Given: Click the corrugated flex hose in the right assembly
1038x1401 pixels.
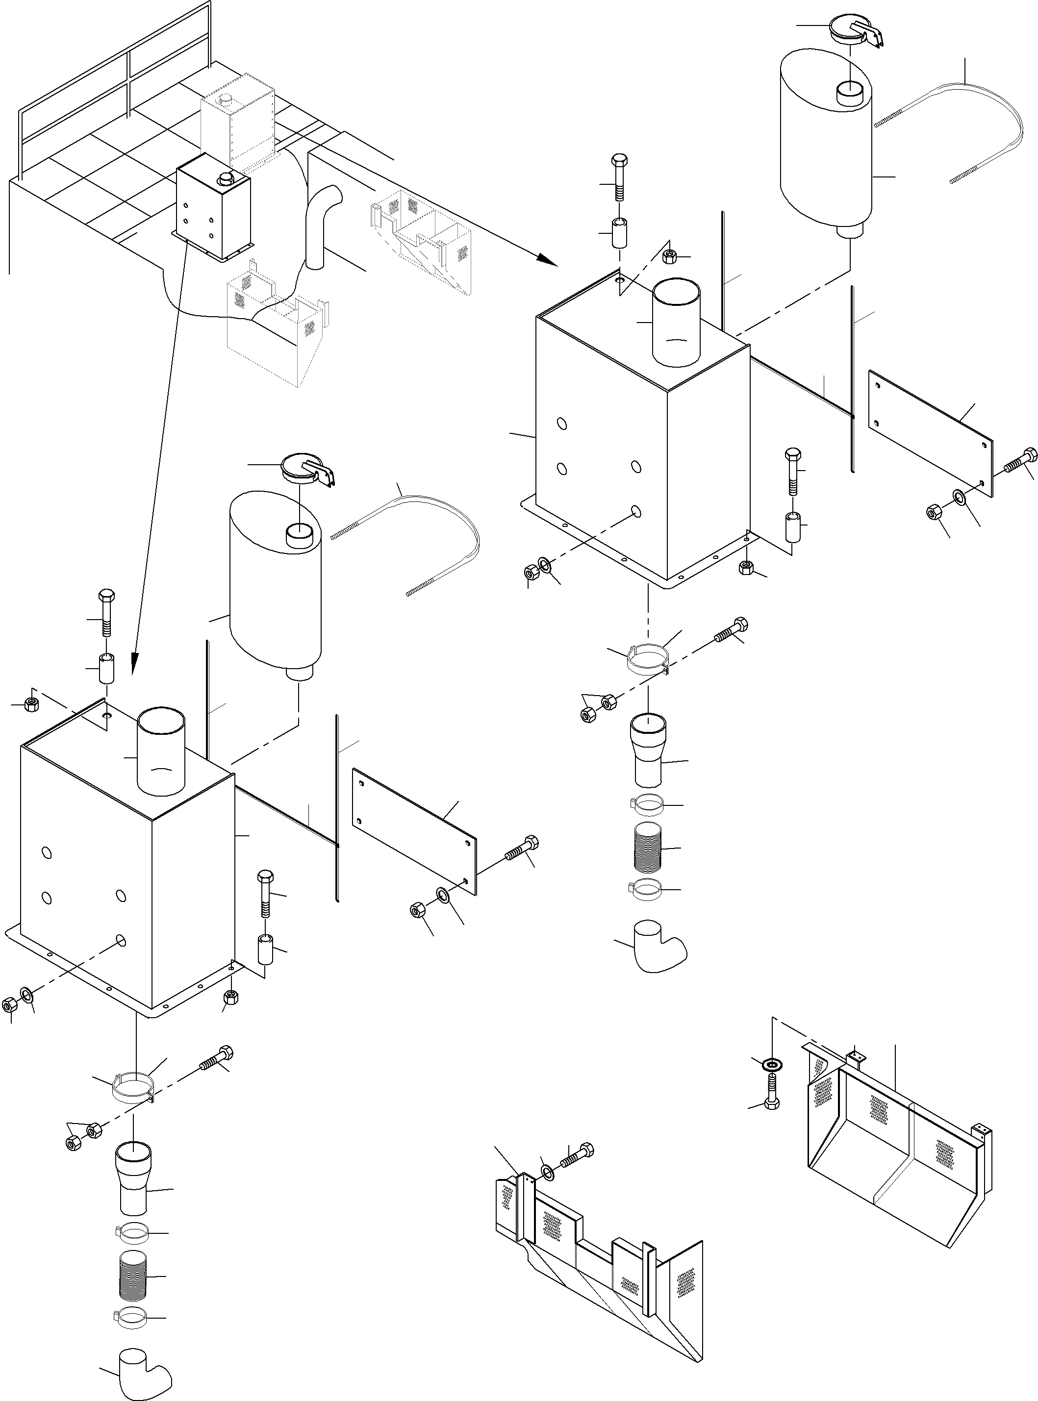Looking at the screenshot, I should (x=647, y=848).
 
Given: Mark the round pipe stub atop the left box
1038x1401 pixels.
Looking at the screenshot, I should (x=161, y=751).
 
